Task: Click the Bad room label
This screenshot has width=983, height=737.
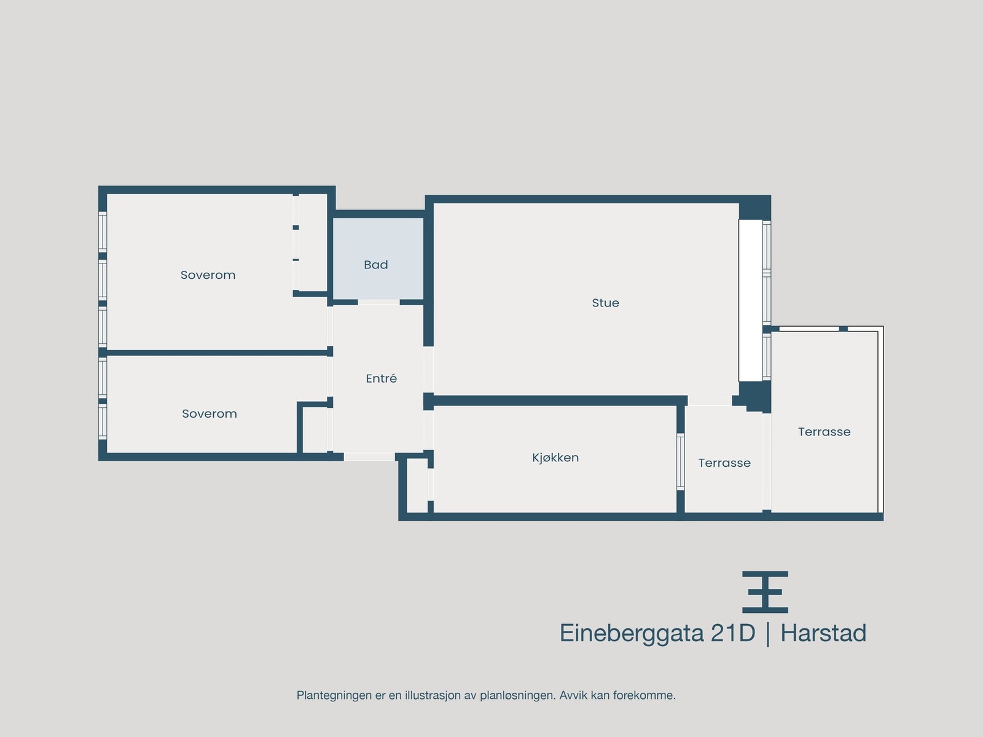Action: click(x=375, y=265)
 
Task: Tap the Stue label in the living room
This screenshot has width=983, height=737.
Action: click(x=605, y=303)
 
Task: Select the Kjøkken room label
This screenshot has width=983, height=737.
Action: click(x=555, y=458)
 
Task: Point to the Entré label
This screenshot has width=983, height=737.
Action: click(x=381, y=379)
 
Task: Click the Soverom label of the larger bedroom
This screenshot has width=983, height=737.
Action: click(x=208, y=275)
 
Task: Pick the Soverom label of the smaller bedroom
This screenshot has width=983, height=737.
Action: click(x=209, y=414)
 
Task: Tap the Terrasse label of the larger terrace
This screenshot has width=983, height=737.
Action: click(x=824, y=432)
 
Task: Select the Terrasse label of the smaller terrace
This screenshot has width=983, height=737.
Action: click(x=724, y=463)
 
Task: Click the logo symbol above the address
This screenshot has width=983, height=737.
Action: click(x=765, y=592)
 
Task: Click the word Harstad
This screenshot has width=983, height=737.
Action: click(x=823, y=633)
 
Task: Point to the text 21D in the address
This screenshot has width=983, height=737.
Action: click(x=732, y=633)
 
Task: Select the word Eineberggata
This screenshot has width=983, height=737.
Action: click(x=631, y=633)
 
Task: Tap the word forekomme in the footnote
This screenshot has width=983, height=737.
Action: click(x=649, y=695)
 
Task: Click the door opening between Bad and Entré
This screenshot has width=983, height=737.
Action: click(x=378, y=302)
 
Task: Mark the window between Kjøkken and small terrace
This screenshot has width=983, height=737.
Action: click(x=680, y=461)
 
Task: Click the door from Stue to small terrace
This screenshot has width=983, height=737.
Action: click(x=709, y=400)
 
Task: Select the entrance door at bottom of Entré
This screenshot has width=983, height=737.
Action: click(x=369, y=457)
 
